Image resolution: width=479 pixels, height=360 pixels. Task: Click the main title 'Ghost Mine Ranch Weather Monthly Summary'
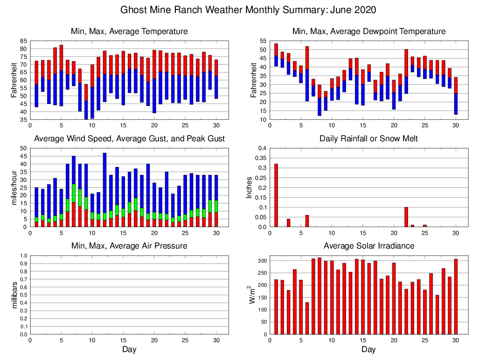point(248,10)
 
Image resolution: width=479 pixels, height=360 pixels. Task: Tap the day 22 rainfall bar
point(406,217)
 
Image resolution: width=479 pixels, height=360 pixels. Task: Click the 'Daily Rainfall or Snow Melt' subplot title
point(368,138)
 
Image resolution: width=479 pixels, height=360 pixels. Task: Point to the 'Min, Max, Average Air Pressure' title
point(129,246)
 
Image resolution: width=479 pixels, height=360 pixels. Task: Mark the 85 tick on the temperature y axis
point(23,41)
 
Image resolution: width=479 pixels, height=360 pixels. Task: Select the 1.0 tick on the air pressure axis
point(22,256)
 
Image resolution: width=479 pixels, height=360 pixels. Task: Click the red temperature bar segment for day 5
point(61,58)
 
